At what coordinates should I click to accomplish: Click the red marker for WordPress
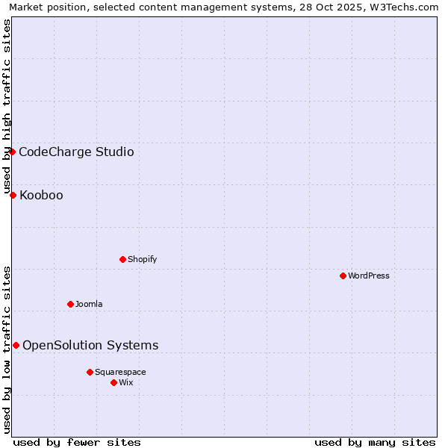coord(343,276)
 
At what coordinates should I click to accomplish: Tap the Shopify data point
coord(122,259)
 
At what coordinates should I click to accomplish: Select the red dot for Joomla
coord(70,304)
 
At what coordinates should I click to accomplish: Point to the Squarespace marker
coord(90,372)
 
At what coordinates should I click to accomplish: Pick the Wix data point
coord(113,382)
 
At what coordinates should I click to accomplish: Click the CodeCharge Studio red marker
coord(12,152)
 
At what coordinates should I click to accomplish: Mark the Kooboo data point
coord(13,195)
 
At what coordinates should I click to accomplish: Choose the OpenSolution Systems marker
coord(16,345)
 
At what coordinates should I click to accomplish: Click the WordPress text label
coord(369,276)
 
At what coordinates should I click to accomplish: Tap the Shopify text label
coord(143,259)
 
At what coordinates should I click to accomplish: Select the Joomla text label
coord(89,304)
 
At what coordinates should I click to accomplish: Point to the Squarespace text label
coord(120,372)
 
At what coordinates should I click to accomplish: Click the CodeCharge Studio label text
coord(76,152)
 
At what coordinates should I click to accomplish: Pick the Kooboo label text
coord(41,196)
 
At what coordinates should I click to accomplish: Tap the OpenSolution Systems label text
coord(90,345)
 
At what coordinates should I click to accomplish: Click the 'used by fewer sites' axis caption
coord(77,442)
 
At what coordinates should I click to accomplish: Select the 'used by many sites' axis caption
coord(375,442)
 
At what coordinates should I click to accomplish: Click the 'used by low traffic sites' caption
coord(7,349)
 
